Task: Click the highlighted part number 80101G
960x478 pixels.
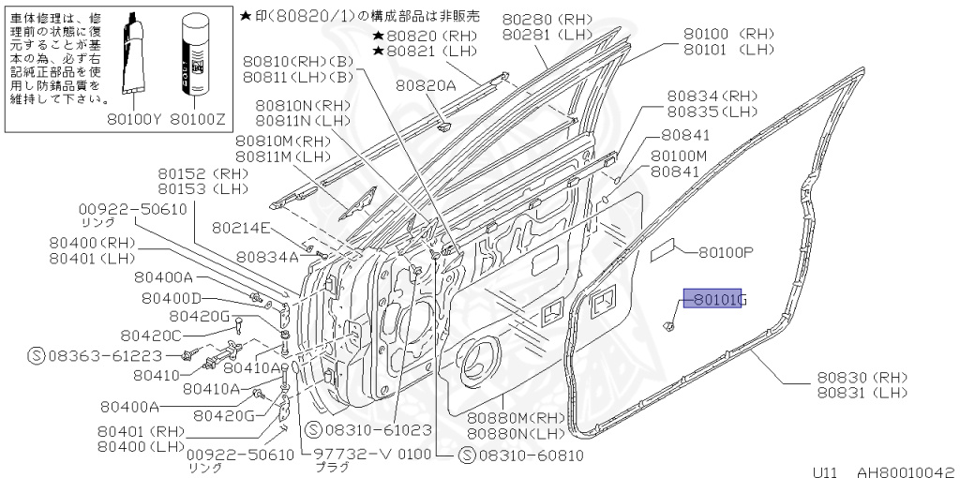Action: tap(714, 300)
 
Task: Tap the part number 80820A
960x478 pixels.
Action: tap(425, 84)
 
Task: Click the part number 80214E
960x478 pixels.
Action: tap(241, 227)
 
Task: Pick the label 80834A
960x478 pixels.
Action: tap(267, 256)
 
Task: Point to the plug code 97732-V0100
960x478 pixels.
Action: tap(367, 455)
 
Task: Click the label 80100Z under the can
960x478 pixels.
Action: tap(200, 119)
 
